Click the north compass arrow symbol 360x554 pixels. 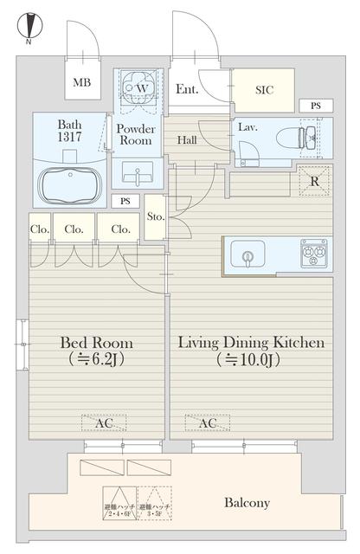pyautogui.click(x=29, y=23)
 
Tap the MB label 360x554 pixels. pyautogui.click(x=82, y=83)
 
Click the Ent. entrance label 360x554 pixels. pyautogui.click(x=187, y=89)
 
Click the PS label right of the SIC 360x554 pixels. pyautogui.click(x=315, y=106)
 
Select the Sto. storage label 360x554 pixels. pyautogui.click(x=156, y=216)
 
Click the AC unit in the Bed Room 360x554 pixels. pyautogui.click(x=103, y=422)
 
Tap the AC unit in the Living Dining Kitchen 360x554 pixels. pyautogui.click(x=208, y=422)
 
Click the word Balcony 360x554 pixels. pyautogui.click(x=247, y=502)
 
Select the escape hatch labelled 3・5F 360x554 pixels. pyautogui.click(x=156, y=501)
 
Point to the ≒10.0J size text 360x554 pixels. pyautogui.click(x=251, y=361)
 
